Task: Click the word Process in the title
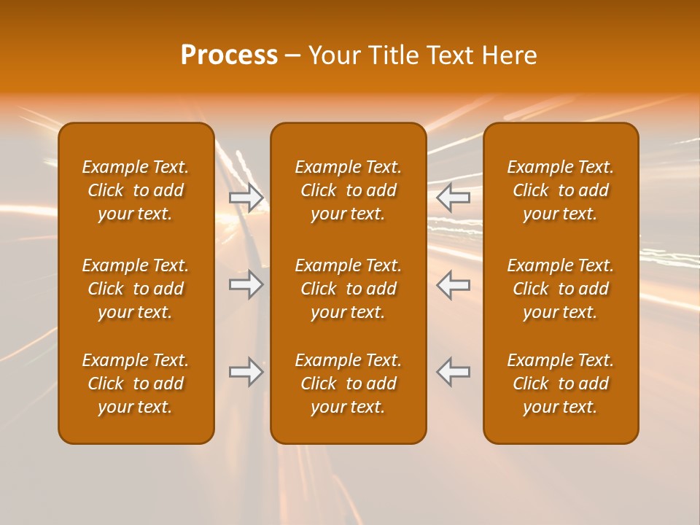pos(229,55)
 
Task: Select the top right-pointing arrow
pos(246,198)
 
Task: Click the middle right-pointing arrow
pos(246,284)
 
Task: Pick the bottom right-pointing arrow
pos(246,372)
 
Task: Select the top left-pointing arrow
pos(453,198)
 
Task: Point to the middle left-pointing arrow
pos(453,284)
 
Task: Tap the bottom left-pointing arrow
pos(453,372)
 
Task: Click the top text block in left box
pos(136,190)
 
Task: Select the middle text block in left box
pos(136,289)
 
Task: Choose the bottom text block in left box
pos(136,384)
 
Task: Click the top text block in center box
pos(348,190)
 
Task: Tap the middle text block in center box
pos(348,289)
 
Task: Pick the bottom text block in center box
pos(348,384)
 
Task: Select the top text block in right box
pos(560,190)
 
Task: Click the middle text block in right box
pos(560,289)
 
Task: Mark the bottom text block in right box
pos(560,384)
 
